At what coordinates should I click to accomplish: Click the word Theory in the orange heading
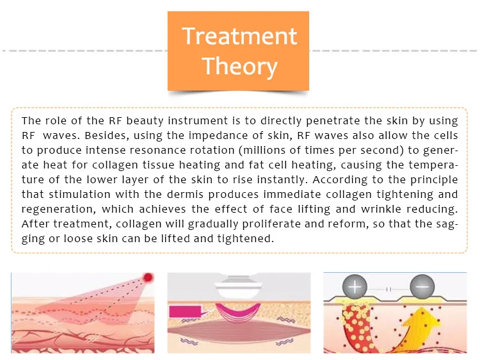pyautogui.click(x=239, y=66)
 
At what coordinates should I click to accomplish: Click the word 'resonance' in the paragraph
pyautogui.click(x=156, y=149)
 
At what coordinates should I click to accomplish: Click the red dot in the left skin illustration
pyautogui.click(x=148, y=278)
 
